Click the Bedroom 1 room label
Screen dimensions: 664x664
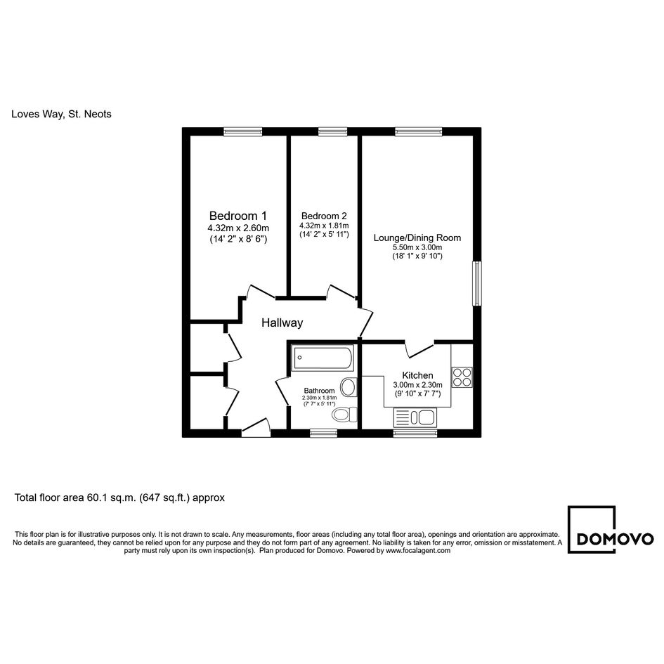pyautogui.click(x=238, y=216)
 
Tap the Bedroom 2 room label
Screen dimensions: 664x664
pyautogui.click(x=324, y=216)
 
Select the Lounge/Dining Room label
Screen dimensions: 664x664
pyautogui.click(x=417, y=237)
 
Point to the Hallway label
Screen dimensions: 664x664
pyautogui.click(x=282, y=323)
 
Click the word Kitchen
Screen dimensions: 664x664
pyautogui.click(x=417, y=375)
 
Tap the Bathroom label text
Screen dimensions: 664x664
pyautogui.click(x=319, y=391)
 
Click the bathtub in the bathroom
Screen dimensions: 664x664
pyautogui.click(x=323, y=358)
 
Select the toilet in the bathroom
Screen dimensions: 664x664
pyautogui.click(x=345, y=415)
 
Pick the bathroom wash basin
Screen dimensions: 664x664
pyautogui.click(x=349, y=386)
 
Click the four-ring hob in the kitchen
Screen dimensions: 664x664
pyautogui.click(x=462, y=377)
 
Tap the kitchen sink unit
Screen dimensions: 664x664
pyautogui.click(x=415, y=417)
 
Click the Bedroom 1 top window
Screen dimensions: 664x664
pyautogui.click(x=243, y=131)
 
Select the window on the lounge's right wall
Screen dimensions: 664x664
pyautogui.click(x=477, y=283)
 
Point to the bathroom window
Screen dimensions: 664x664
pyautogui.click(x=323, y=433)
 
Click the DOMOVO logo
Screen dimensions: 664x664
pyautogui.click(x=611, y=530)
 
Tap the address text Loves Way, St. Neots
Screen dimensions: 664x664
pyautogui.click(x=61, y=114)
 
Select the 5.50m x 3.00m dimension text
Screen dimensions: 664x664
pyautogui.click(x=417, y=247)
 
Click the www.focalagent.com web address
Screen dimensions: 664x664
pyautogui.click(x=418, y=550)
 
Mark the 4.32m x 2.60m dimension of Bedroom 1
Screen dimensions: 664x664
pyautogui.click(x=238, y=228)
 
